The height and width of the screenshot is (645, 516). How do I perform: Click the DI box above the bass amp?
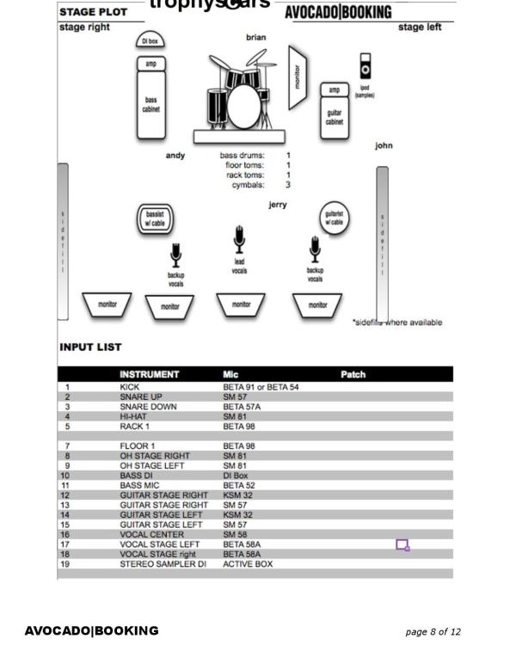150,40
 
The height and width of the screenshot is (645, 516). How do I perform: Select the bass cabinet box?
150,105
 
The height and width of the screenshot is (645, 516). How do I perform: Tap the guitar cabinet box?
334,118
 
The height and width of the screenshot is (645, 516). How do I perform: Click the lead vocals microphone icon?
239,240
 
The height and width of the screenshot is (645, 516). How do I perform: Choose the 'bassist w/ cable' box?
155,218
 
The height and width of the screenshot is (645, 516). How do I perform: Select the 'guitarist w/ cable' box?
334,217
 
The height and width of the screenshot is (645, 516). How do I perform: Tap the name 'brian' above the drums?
255,37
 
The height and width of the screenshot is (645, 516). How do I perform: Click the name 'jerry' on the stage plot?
277,205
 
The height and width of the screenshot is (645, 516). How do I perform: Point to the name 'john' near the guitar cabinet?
384,145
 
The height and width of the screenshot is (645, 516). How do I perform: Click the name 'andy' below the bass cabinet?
175,156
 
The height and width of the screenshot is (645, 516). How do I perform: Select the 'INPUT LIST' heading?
90,347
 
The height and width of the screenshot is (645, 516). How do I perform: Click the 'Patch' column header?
353,374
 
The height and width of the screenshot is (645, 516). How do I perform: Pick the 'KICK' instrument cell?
129,387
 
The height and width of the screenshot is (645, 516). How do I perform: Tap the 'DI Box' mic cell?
235,476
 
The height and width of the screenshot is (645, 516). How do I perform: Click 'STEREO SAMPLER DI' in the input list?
163,564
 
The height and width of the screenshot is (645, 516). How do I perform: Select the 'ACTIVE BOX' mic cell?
248,564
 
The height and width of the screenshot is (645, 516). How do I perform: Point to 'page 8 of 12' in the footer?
433,631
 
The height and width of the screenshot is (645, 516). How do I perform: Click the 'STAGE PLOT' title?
93,12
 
